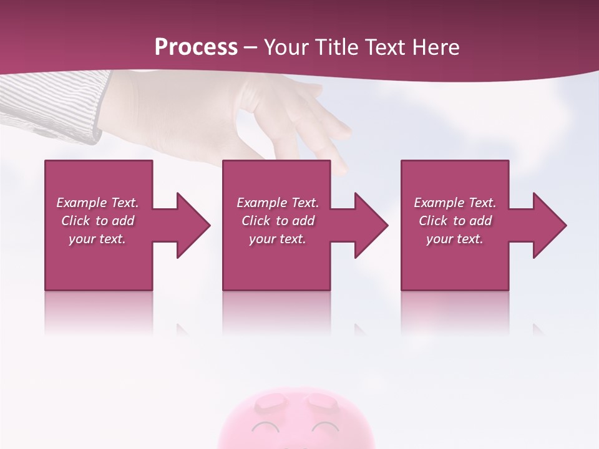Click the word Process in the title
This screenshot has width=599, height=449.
(196, 47)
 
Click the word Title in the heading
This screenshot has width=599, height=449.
(336, 47)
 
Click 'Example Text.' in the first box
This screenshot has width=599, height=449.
(97, 203)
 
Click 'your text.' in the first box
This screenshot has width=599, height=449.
(97, 239)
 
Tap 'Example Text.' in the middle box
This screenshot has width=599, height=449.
(277, 203)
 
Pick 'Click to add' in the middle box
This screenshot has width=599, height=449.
(277, 221)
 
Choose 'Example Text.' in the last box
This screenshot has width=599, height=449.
(455, 203)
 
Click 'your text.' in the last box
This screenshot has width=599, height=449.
(455, 239)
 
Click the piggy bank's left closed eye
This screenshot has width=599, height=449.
(266, 427)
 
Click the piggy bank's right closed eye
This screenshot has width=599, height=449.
(324, 427)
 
